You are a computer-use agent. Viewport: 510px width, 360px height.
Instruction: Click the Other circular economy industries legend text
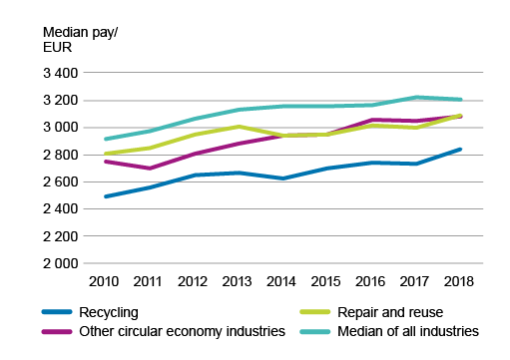(x=182, y=331)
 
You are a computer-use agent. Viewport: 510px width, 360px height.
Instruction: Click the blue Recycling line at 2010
(x=105, y=196)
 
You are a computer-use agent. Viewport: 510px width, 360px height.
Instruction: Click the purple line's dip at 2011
(x=150, y=169)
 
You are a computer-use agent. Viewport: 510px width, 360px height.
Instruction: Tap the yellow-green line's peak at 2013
(x=239, y=127)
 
